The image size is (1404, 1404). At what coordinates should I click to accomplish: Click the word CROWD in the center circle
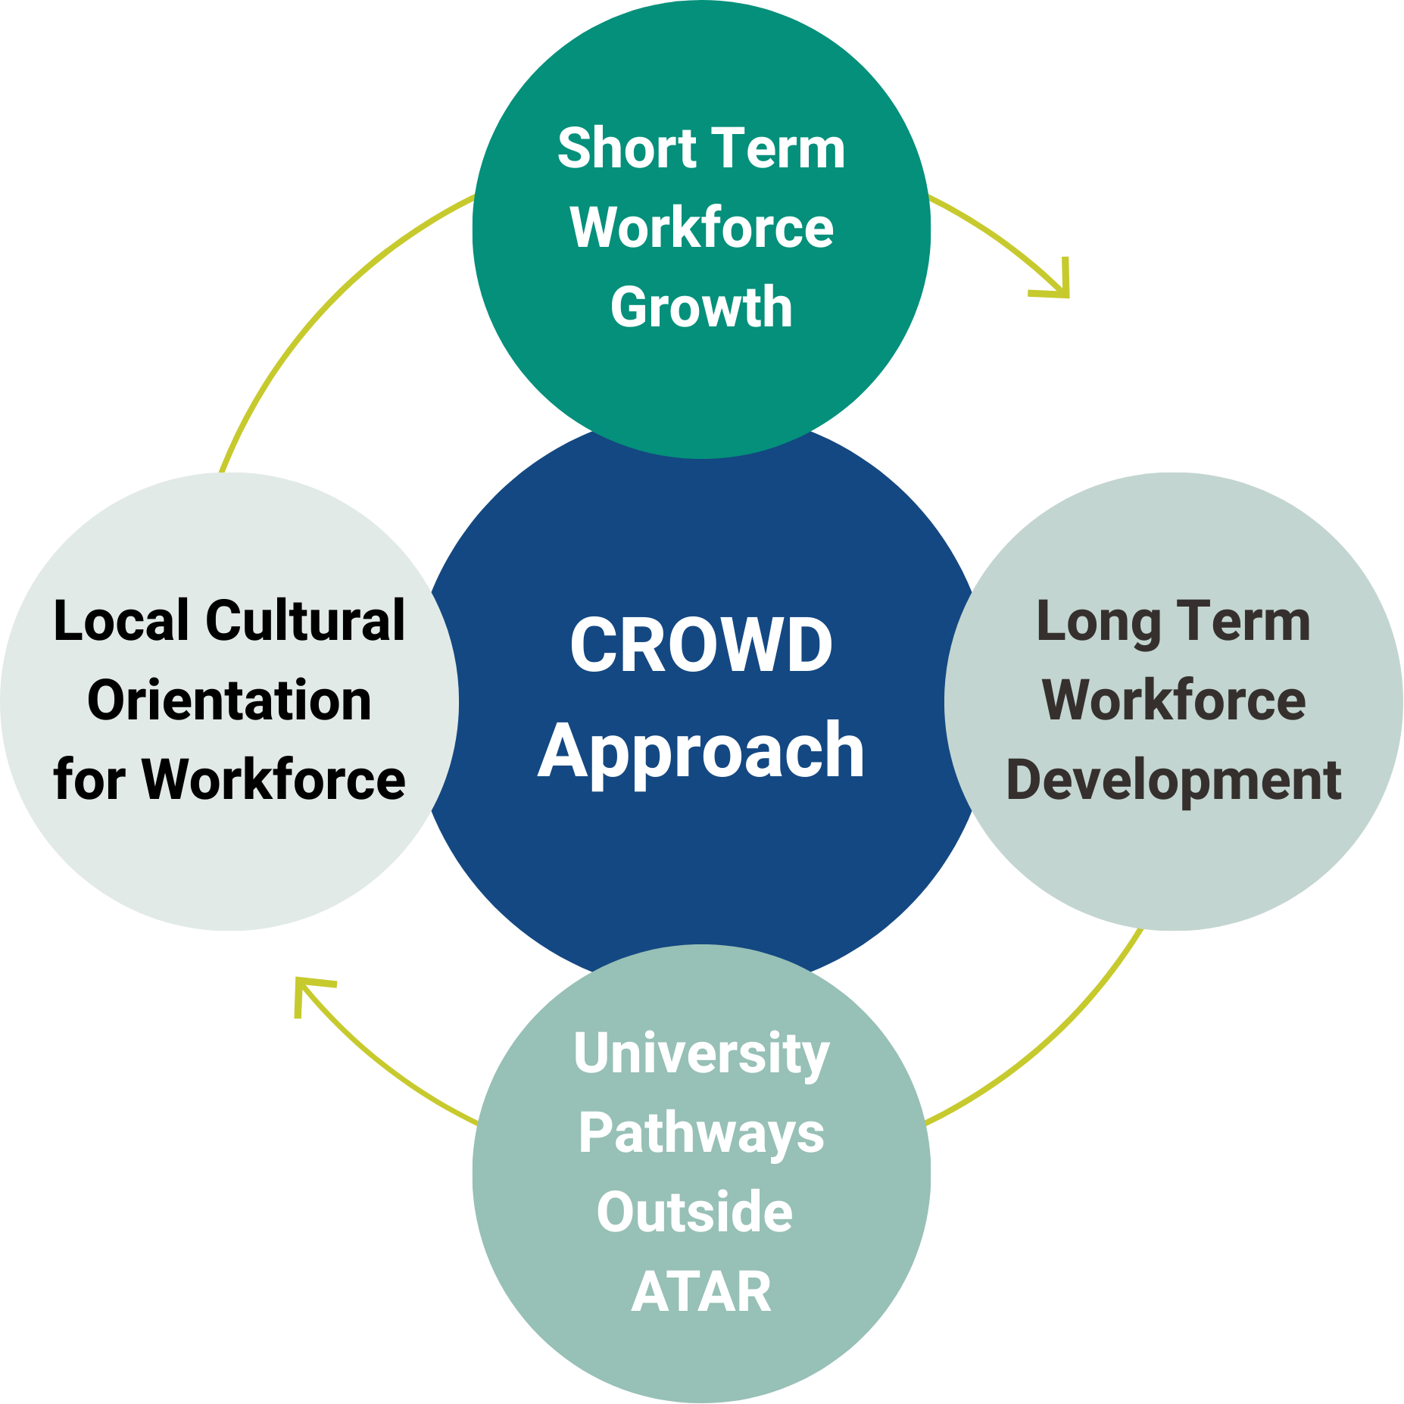pyautogui.click(x=701, y=645)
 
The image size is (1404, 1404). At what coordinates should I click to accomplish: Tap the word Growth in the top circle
pyautogui.click(x=701, y=307)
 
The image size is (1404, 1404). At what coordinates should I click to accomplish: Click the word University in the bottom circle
pyautogui.click(x=701, y=1054)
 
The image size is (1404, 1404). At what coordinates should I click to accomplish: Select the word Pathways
pyautogui.click(x=701, y=1134)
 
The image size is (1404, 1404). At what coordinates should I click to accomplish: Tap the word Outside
pyautogui.click(x=694, y=1212)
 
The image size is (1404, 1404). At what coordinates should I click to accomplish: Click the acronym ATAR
pyautogui.click(x=701, y=1292)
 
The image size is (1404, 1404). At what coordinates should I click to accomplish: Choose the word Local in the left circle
pyautogui.click(x=121, y=621)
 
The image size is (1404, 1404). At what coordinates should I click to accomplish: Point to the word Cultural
pyautogui.click(x=306, y=621)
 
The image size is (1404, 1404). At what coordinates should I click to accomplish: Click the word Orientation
pyautogui.click(x=229, y=700)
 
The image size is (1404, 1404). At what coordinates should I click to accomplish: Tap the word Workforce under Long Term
pyautogui.click(x=1174, y=700)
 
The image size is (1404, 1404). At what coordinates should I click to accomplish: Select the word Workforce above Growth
pyautogui.click(x=701, y=228)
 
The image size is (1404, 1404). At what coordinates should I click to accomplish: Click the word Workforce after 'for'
pyautogui.click(x=274, y=780)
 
